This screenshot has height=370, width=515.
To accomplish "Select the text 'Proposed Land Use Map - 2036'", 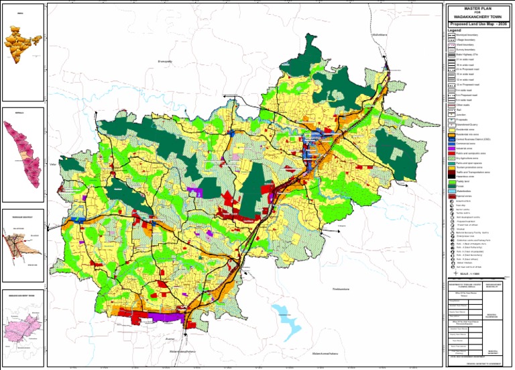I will coord(478,24).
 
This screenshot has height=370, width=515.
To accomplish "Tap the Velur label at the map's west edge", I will coord(53,163).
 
